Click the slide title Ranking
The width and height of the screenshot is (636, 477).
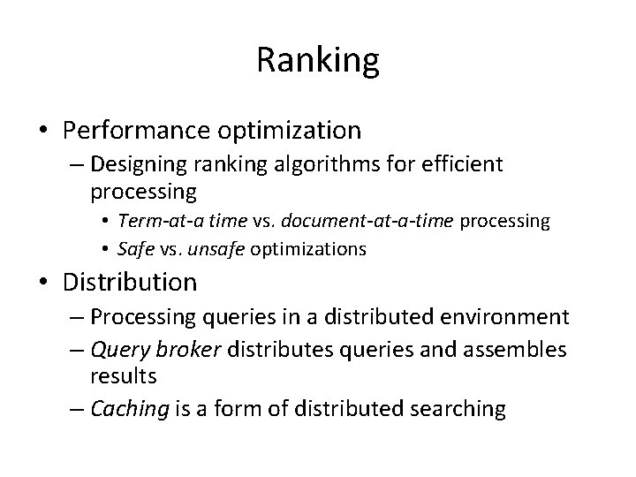pyautogui.click(x=318, y=60)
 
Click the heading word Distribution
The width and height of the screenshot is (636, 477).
pyautogui.click(x=130, y=283)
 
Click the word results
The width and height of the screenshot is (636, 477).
pyautogui.click(x=123, y=375)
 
